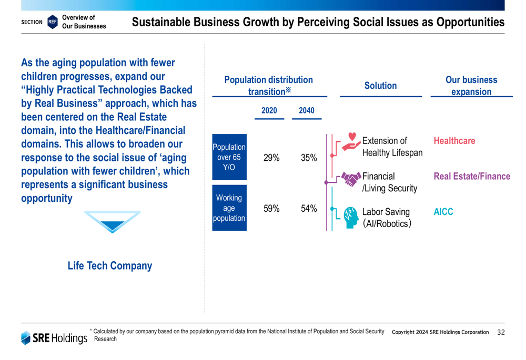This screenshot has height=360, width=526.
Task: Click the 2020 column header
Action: (x=269, y=110)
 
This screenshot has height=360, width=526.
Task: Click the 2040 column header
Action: (x=306, y=110)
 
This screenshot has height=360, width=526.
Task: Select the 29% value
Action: (x=271, y=158)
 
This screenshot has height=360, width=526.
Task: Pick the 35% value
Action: (x=309, y=158)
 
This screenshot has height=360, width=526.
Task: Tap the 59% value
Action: (x=271, y=209)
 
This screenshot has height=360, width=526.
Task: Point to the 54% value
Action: (x=309, y=209)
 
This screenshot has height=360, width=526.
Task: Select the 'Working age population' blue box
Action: (x=229, y=208)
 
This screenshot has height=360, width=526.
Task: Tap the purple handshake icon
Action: (x=351, y=178)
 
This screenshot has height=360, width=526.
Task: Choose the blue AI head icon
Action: (x=350, y=216)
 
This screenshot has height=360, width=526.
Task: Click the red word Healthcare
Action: (x=454, y=141)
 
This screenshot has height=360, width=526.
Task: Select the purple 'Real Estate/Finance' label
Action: (x=471, y=177)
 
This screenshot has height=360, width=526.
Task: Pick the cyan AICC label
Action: (x=443, y=212)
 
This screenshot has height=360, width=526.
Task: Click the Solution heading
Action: (x=380, y=86)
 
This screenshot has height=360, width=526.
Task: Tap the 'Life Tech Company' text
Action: (x=110, y=266)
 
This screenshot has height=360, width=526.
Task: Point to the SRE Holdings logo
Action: (x=54, y=337)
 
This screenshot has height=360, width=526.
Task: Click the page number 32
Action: (x=500, y=332)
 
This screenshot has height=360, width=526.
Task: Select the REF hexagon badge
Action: (x=52, y=22)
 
